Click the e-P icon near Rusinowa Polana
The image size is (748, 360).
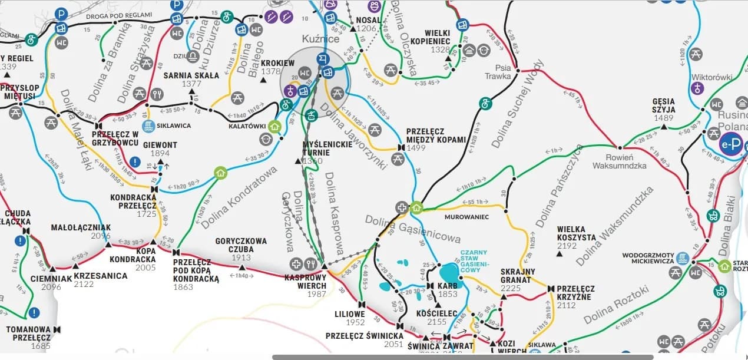coord(730,144)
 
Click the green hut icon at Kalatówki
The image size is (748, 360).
coord(274,125)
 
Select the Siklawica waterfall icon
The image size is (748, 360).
coord(149,126)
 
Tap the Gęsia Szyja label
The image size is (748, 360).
coord(663,105)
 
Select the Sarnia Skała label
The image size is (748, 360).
coord(191,75)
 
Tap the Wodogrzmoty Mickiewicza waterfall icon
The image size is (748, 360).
coord(683,258)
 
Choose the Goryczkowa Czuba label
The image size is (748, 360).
coord(241,245)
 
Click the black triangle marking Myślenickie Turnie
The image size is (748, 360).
coord(298,161)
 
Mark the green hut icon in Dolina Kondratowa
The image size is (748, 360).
coord(221,173)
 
